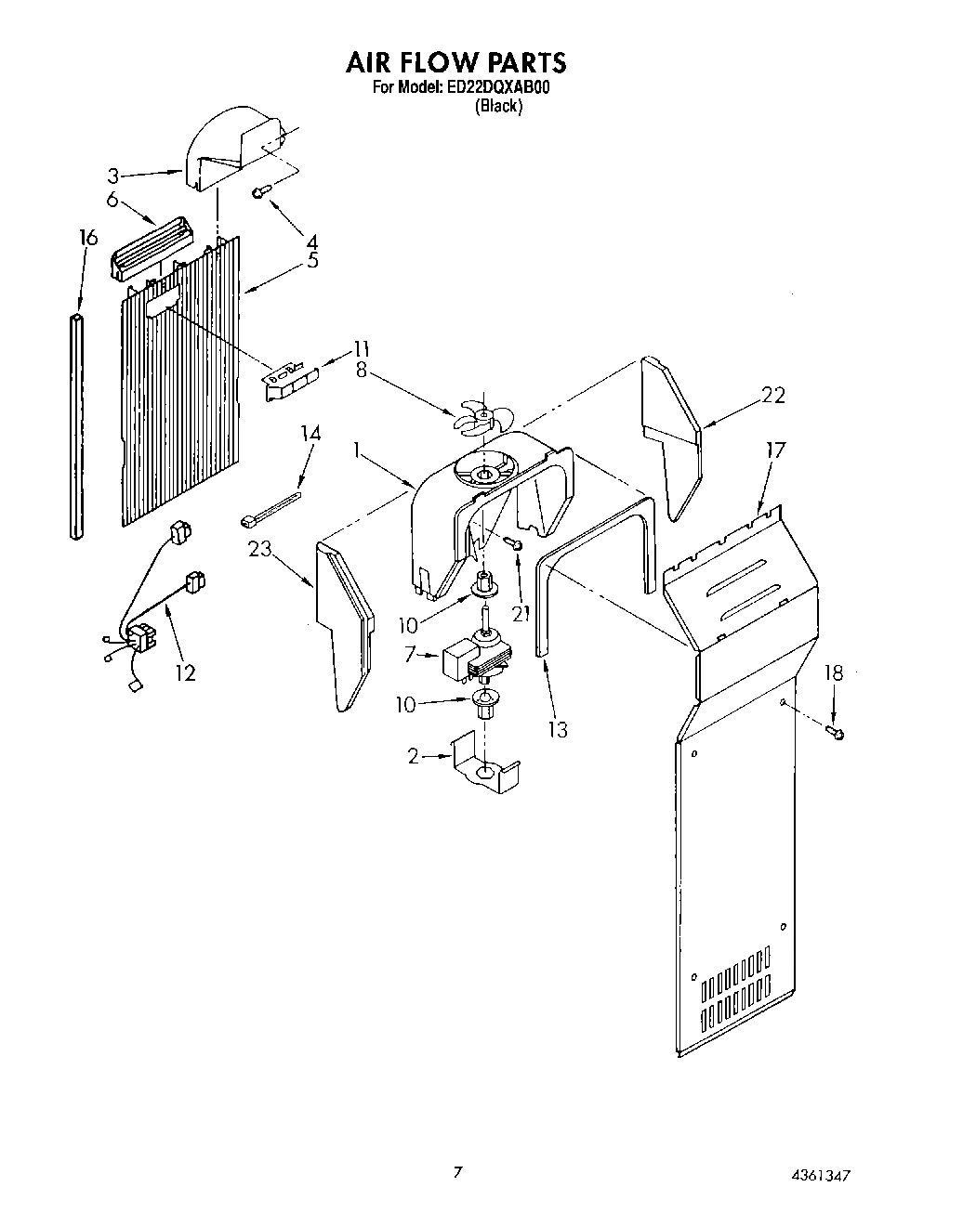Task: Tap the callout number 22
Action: [x=772, y=396]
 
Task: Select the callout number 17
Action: [x=774, y=450]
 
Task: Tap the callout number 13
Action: [x=557, y=729]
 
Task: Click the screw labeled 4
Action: [x=261, y=191]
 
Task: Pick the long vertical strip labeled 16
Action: [x=76, y=425]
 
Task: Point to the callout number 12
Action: [x=185, y=672]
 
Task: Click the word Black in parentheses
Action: [x=499, y=106]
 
